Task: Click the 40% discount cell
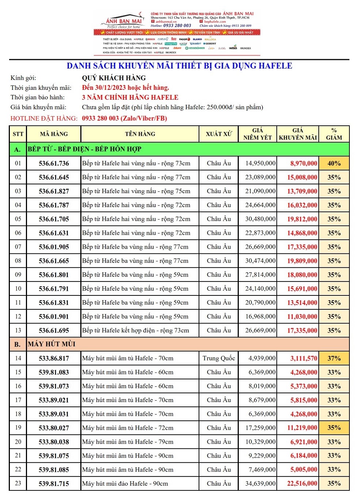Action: (x=334, y=163)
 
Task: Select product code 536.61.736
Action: (x=54, y=163)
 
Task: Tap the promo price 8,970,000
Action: (x=303, y=163)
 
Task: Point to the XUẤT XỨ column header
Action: (x=218, y=134)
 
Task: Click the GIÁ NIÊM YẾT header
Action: (x=257, y=134)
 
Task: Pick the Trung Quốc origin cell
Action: (x=219, y=358)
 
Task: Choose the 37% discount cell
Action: (x=334, y=358)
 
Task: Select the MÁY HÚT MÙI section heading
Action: (x=51, y=344)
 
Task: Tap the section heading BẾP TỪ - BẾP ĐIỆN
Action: (x=84, y=149)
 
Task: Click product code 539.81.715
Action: (x=54, y=483)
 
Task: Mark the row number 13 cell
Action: (x=18, y=330)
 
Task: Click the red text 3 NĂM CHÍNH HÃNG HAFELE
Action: (x=130, y=98)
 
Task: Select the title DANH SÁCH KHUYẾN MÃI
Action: (x=179, y=66)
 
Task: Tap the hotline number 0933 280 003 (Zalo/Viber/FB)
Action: (x=124, y=118)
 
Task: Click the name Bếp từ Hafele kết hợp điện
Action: (x=135, y=330)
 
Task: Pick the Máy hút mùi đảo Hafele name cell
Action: (x=125, y=483)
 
